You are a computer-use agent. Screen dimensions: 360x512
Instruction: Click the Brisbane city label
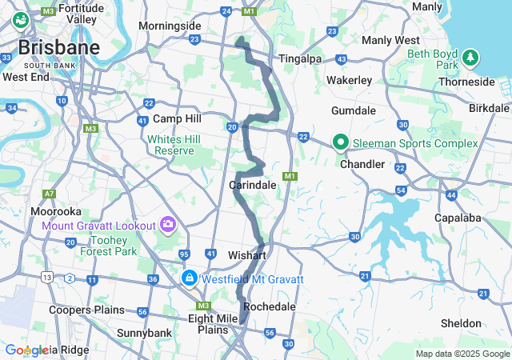(x=60, y=47)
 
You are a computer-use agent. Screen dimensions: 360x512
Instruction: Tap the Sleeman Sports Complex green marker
(x=340, y=142)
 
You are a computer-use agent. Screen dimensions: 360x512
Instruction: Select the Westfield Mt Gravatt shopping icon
(x=190, y=278)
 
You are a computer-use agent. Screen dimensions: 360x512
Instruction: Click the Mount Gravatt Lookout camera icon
(x=168, y=223)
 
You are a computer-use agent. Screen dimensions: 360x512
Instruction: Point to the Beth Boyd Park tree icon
(x=472, y=58)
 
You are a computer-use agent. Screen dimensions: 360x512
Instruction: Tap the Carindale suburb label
(x=253, y=185)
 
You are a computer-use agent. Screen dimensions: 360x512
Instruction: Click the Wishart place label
(x=246, y=254)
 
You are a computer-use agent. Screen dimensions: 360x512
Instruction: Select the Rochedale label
(x=269, y=306)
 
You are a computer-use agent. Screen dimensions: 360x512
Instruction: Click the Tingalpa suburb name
(x=300, y=58)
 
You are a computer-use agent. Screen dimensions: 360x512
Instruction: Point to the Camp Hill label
(x=177, y=118)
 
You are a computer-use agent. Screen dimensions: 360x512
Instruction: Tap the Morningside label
(x=170, y=26)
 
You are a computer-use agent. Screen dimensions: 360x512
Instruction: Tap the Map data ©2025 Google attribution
(x=462, y=354)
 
